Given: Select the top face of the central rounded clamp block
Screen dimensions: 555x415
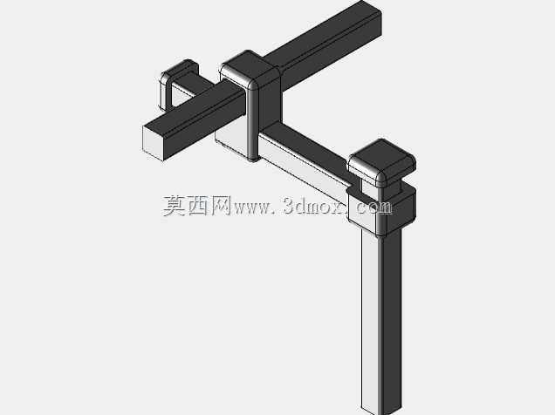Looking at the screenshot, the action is [249, 70].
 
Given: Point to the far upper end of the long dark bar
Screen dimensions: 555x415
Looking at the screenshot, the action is [370, 10].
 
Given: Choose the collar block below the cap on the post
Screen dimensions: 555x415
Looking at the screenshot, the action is [382, 210].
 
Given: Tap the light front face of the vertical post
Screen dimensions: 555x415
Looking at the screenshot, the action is [369, 318].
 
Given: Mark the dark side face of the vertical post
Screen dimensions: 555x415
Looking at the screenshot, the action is [391, 318].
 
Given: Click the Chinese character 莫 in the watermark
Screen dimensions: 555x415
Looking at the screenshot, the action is [175, 206].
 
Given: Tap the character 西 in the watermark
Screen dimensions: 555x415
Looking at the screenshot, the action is [197, 206].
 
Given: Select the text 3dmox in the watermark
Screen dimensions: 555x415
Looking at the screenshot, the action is [314, 206].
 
